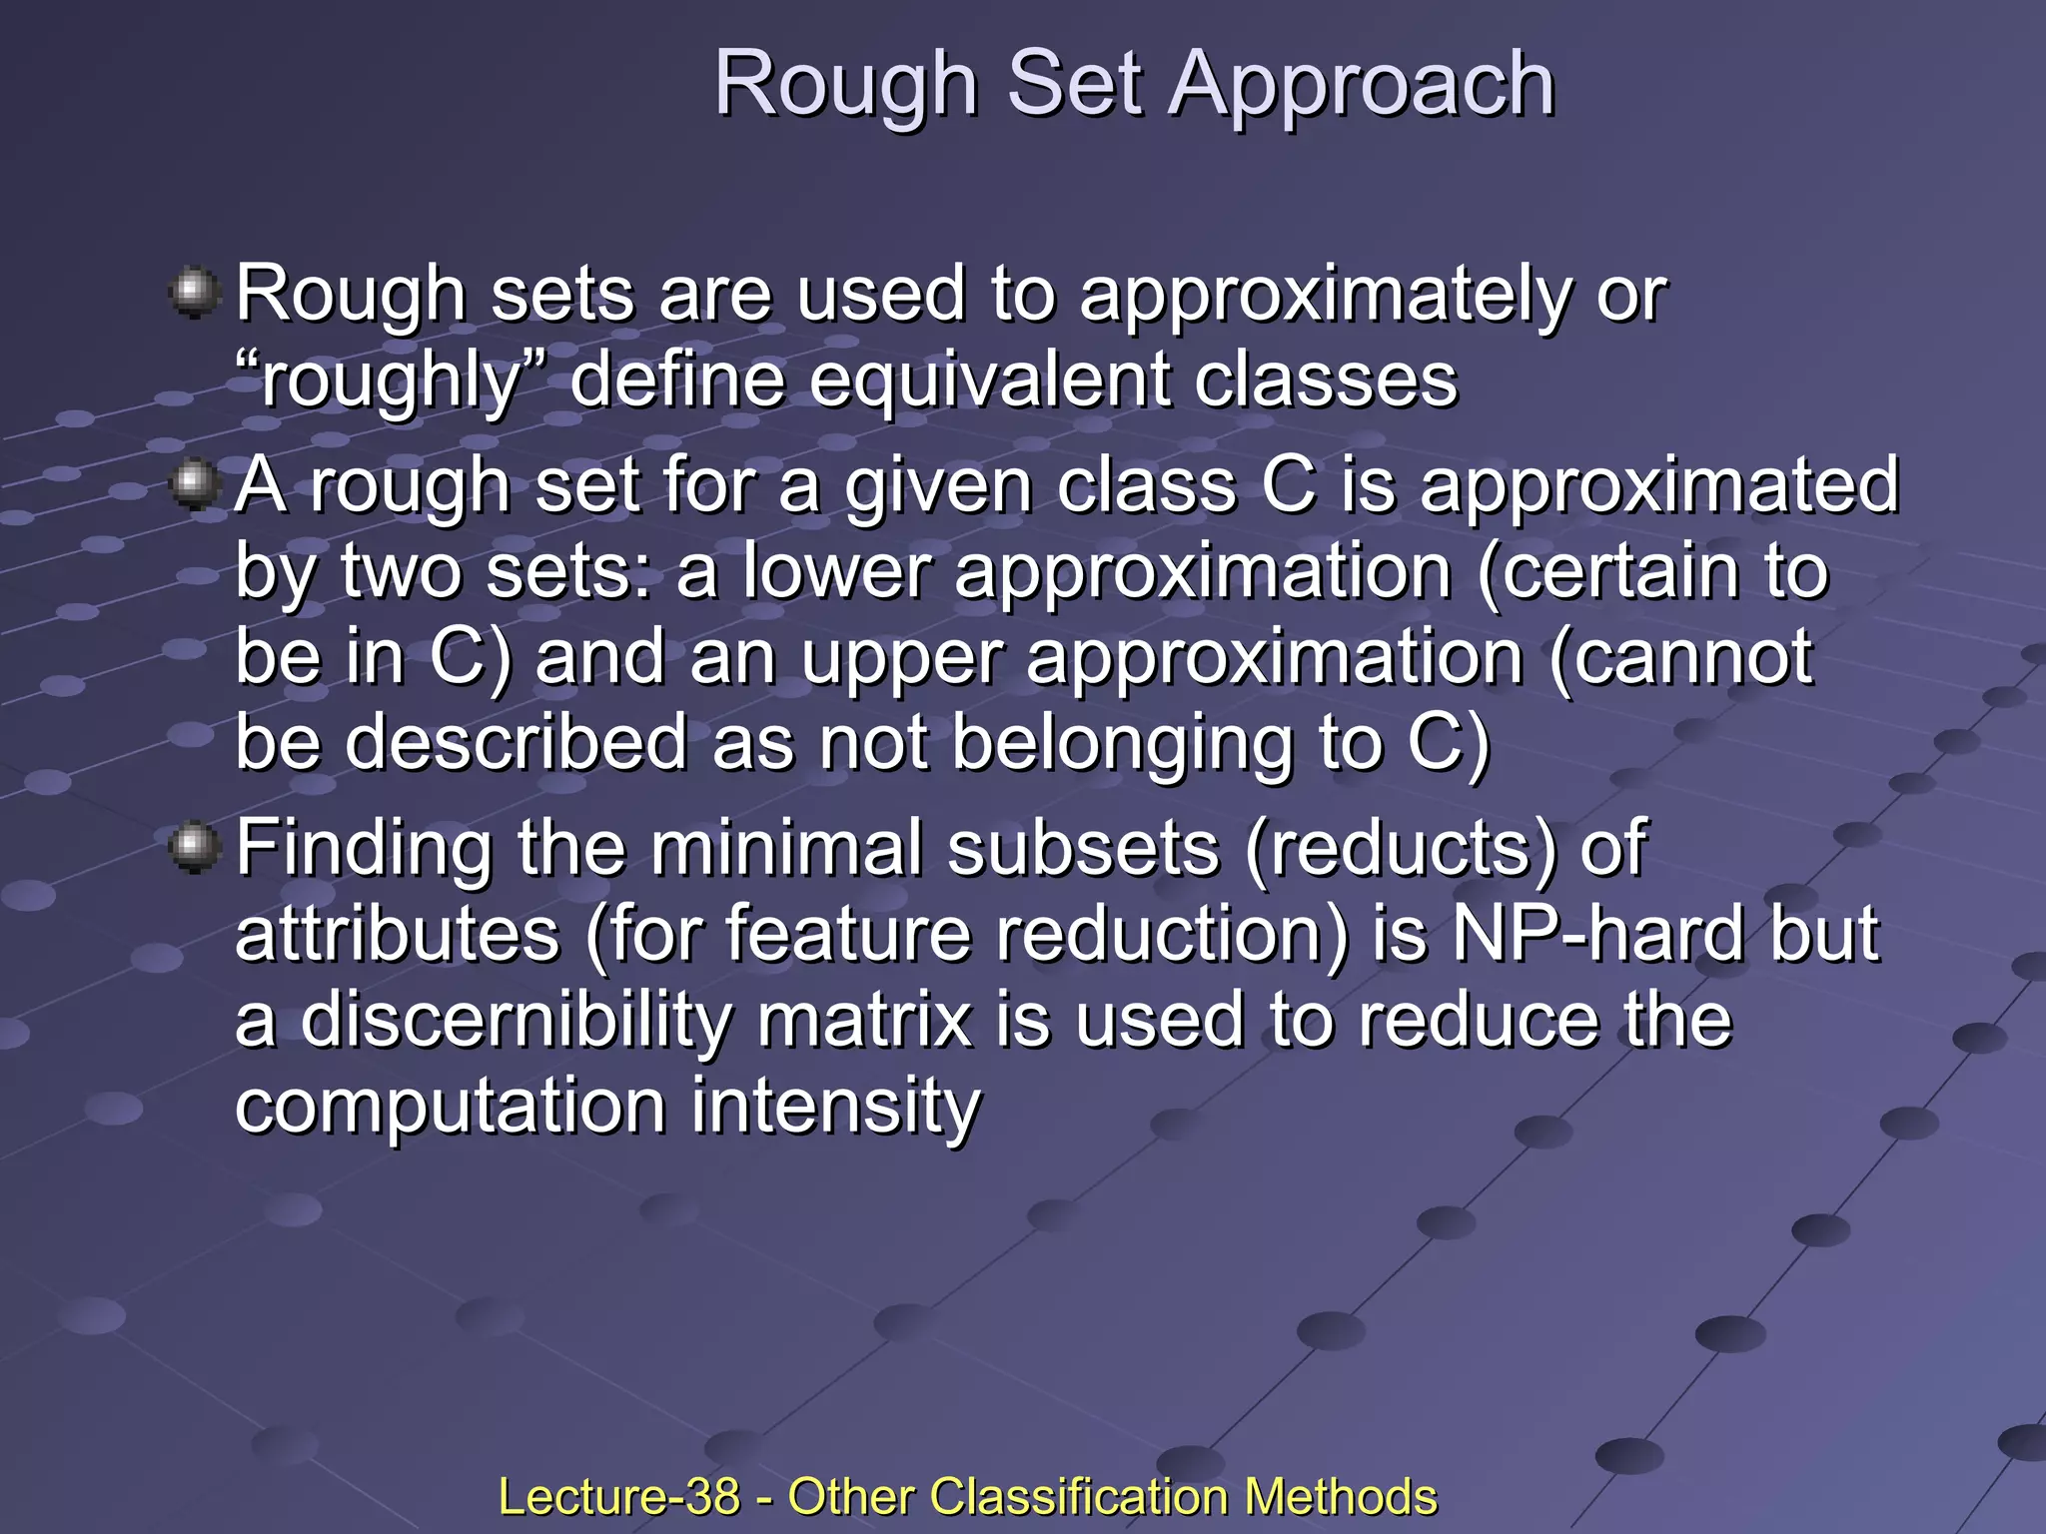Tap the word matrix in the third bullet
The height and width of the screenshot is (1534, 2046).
(865, 1021)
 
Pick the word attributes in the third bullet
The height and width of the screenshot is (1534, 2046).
(398, 934)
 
